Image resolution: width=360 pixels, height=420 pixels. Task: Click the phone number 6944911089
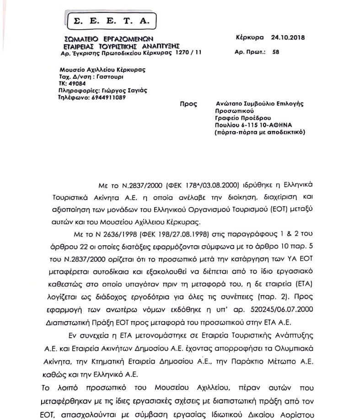pyautogui.click(x=115, y=97)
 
